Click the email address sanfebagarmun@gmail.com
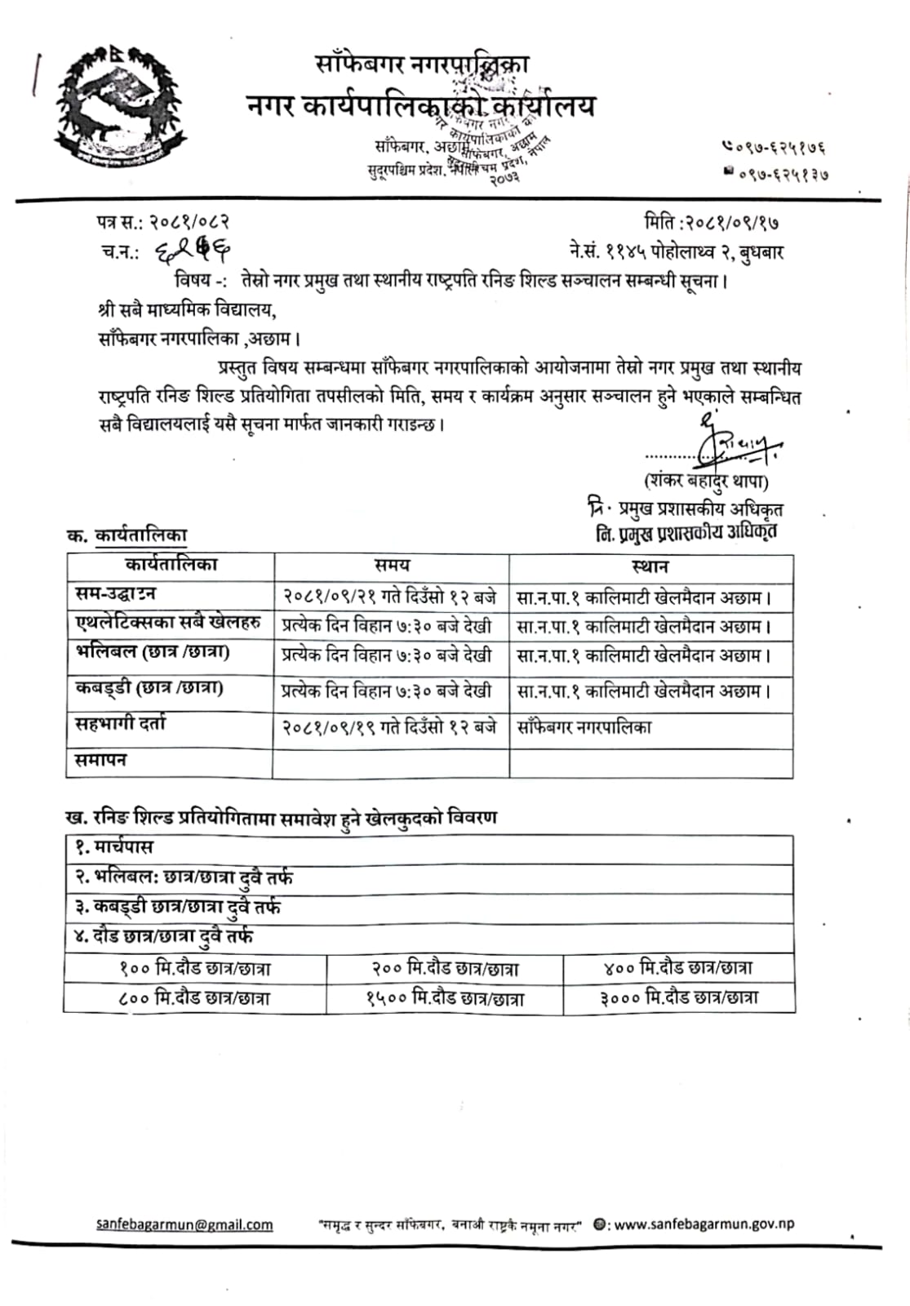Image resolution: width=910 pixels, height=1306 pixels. (184, 1224)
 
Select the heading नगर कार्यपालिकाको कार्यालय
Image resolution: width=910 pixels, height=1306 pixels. (420, 107)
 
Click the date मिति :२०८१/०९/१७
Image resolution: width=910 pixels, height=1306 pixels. (717, 221)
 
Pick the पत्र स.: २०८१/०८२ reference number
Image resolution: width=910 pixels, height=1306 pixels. (162, 221)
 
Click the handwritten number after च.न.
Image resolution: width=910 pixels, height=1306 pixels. (193, 253)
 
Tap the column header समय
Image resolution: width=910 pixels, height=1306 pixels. (392, 566)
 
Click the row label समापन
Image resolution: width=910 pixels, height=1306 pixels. (100, 761)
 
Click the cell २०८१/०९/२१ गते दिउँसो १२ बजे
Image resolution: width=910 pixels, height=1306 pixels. (389, 597)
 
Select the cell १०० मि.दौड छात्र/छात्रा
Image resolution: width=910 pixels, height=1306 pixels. (195, 969)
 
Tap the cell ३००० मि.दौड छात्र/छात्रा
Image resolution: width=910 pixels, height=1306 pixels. (679, 997)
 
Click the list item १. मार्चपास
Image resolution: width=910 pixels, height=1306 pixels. (113, 846)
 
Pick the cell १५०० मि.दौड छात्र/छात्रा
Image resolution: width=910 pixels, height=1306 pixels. (445, 998)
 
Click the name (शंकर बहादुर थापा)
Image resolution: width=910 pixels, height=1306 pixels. (706, 481)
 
